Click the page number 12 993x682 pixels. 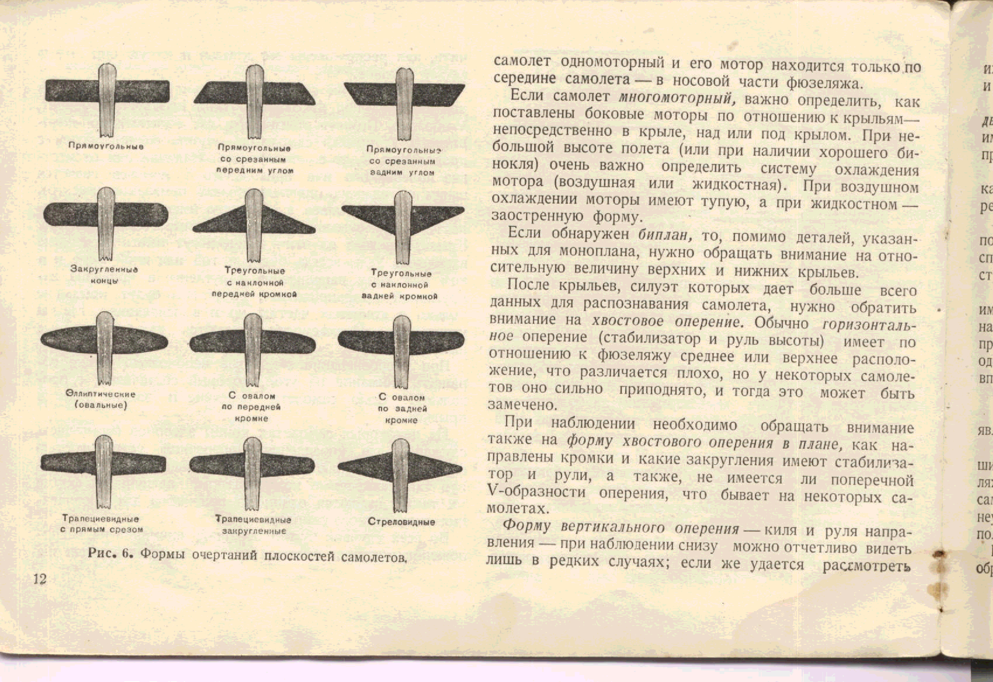tap(40, 579)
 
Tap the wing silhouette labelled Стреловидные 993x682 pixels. tap(400, 469)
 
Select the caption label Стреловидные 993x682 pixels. tap(401, 522)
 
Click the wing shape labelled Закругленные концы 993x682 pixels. tap(106, 214)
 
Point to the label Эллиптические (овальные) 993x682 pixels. tap(101, 399)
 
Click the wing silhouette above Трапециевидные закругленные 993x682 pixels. tap(252, 466)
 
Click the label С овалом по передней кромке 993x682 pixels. tap(252, 407)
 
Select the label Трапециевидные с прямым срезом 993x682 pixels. tap(101, 524)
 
